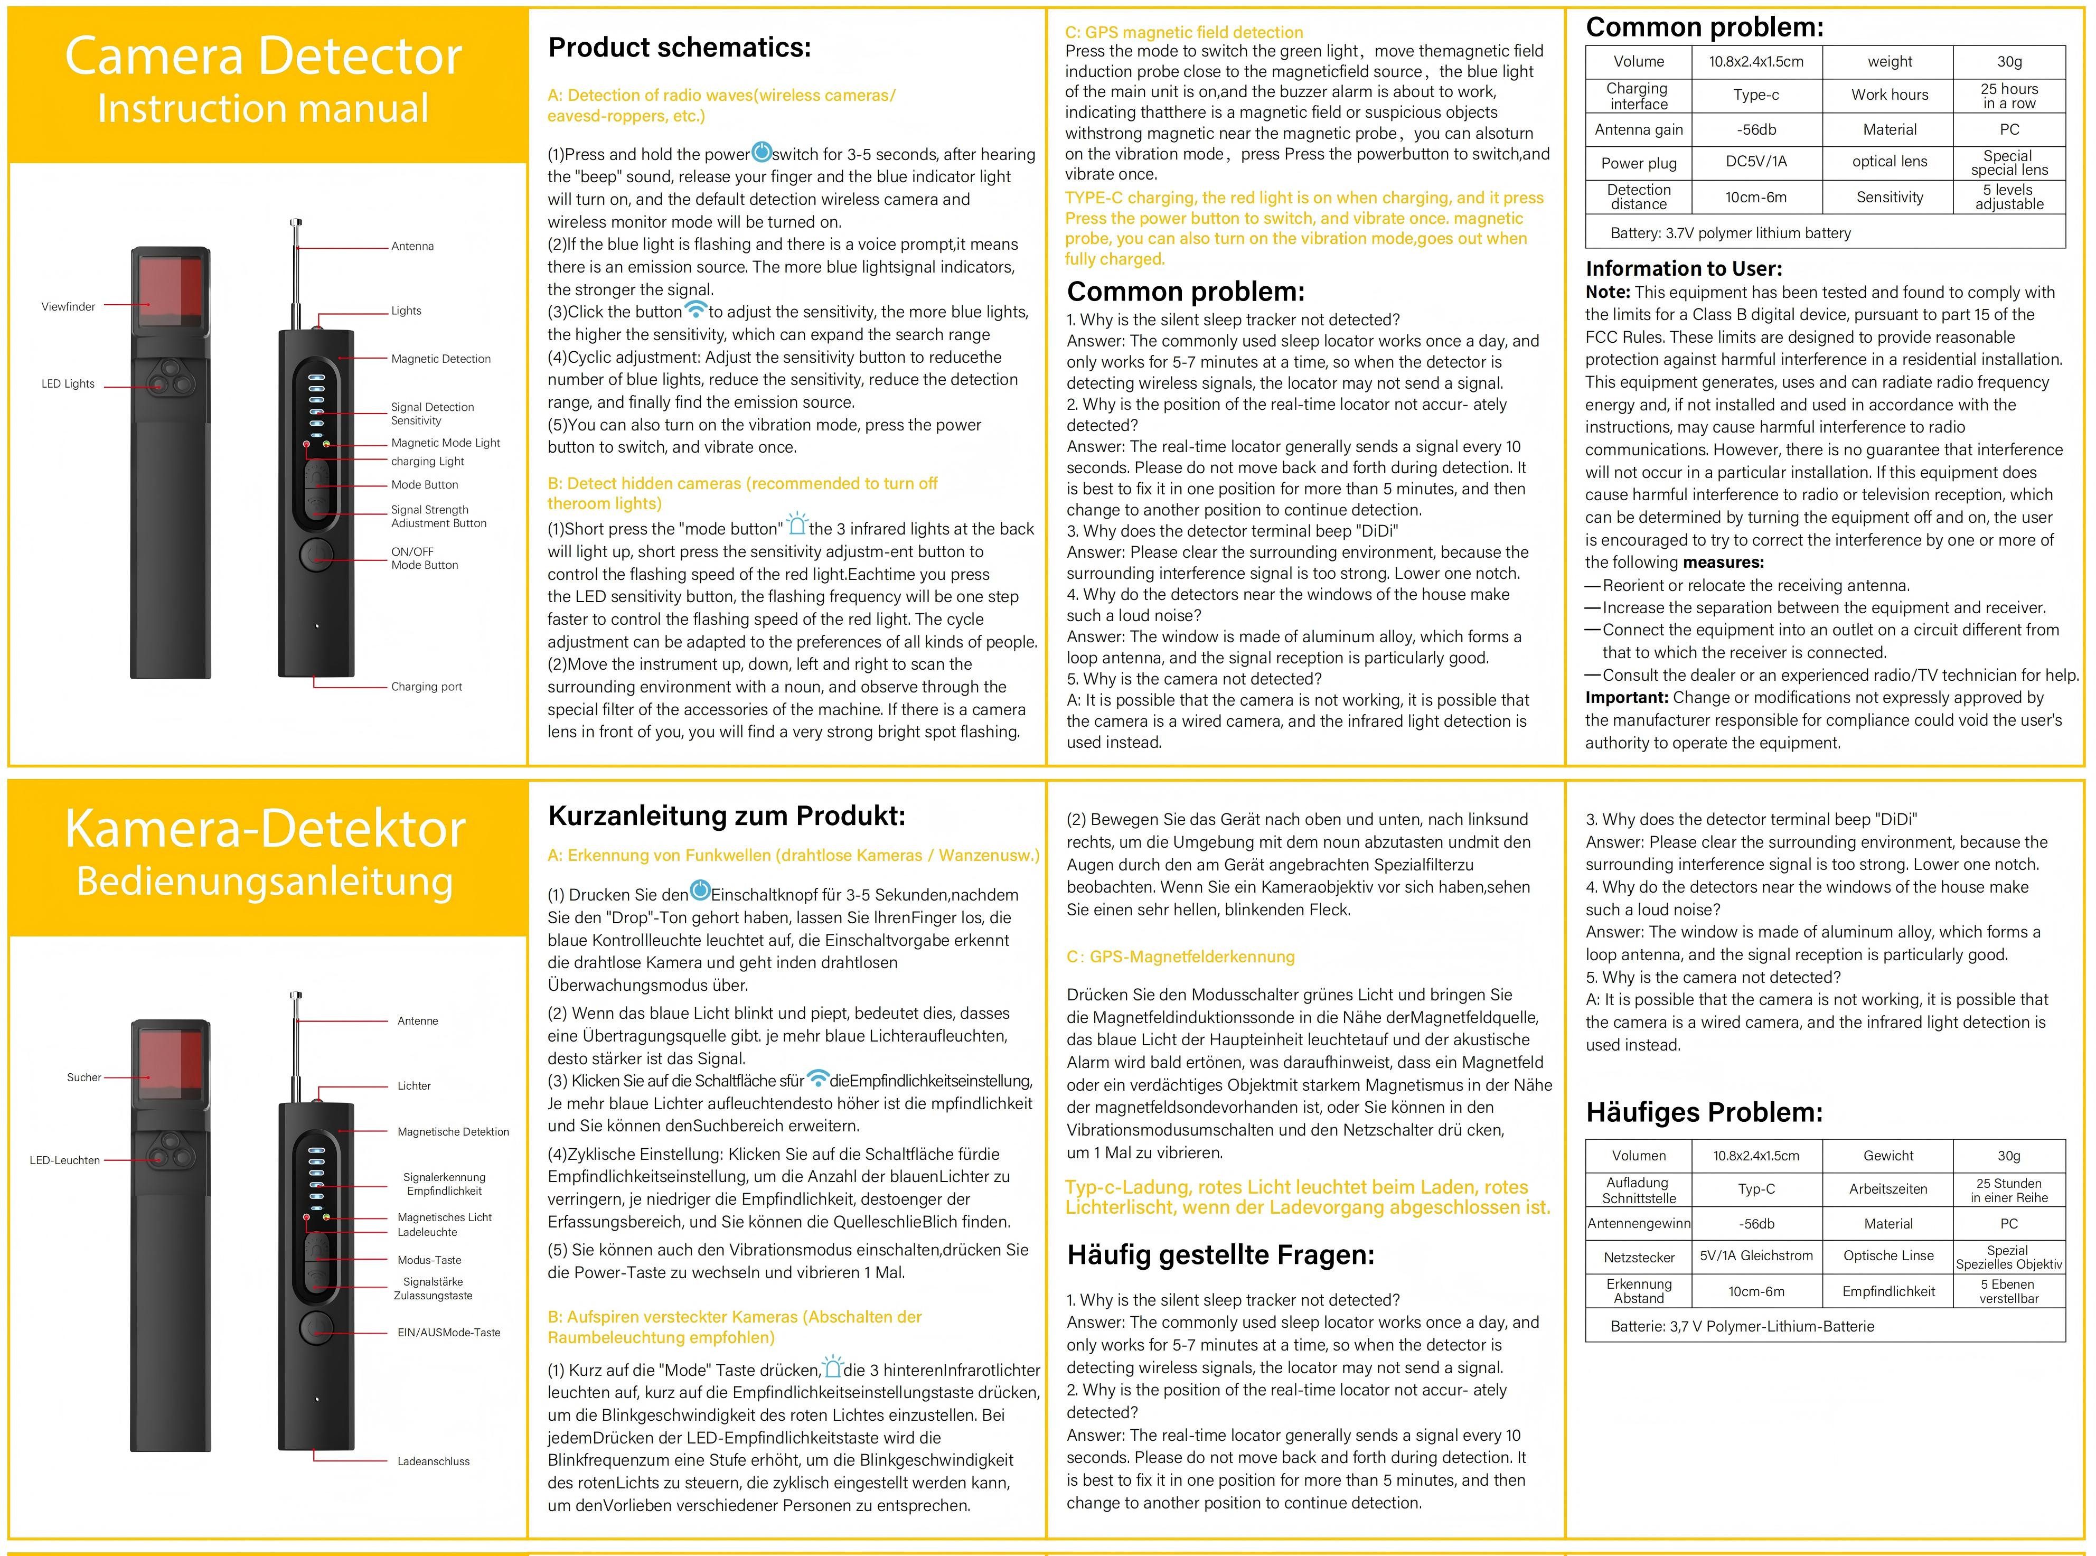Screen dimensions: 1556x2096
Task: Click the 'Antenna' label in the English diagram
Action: (x=412, y=247)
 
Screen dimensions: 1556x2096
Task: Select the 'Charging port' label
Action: (x=427, y=687)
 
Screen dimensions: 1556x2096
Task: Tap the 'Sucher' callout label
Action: (x=84, y=1077)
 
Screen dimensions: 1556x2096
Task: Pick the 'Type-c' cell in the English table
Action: (x=1755, y=95)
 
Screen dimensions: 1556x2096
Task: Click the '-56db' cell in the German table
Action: (x=1756, y=1223)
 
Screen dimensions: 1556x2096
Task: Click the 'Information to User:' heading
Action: (x=1684, y=268)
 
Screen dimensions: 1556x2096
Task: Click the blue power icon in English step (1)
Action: (x=761, y=152)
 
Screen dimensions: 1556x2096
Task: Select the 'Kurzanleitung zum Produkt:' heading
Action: (x=726, y=816)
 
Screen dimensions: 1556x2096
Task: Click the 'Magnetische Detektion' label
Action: (x=453, y=1132)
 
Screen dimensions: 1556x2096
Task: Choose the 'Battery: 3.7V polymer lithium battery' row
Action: (x=1731, y=232)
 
